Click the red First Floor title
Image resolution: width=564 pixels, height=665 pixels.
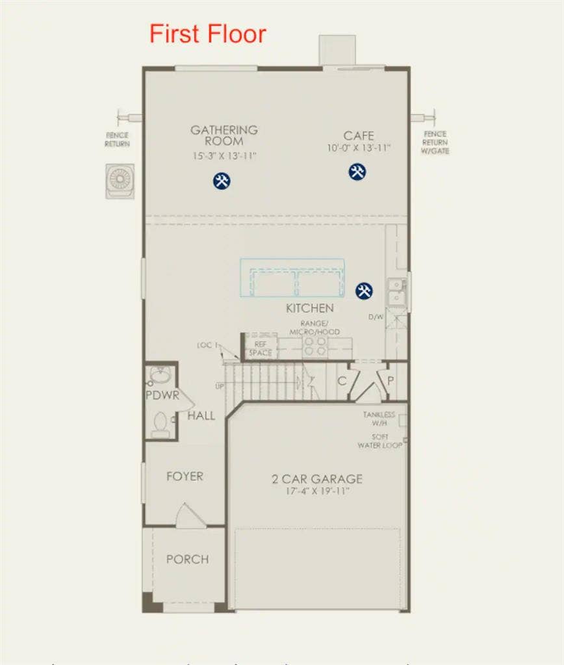(x=207, y=34)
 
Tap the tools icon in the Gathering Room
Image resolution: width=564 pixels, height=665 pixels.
(x=221, y=181)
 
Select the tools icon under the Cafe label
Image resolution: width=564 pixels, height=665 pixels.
(x=357, y=172)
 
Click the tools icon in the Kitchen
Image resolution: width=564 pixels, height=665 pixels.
(x=365, y=291)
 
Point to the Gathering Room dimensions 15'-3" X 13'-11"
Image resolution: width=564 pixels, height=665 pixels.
(x=224, y=156)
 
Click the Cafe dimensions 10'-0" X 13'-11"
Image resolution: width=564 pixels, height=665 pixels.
(x=359, y=148)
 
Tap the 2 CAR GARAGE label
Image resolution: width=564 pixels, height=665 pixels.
(x=317, y=479)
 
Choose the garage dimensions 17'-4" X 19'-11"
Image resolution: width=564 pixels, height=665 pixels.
(x=317, y=491)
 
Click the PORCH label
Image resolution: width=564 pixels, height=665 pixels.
(x=187, y=559)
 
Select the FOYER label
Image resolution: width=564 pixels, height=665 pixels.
(x=185, y=476)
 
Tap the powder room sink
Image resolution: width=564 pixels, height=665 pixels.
(x=159, y=376)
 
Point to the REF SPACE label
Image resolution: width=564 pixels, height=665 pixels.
(x=261, y=348)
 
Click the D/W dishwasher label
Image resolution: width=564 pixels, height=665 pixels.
(x=376, y=317)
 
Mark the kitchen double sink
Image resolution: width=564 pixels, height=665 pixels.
(x=395, y=291)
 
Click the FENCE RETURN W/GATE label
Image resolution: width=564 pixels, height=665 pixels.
(x=435, y=142)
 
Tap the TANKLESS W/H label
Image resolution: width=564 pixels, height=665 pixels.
(x=379, y=418)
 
